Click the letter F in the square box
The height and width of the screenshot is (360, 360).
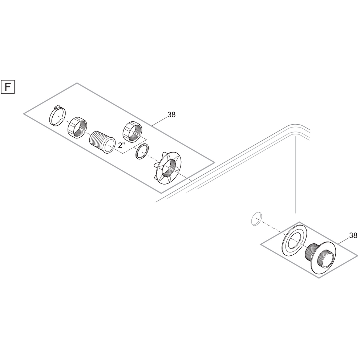click(8, 87)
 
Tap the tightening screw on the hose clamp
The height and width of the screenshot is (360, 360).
click(56, 107)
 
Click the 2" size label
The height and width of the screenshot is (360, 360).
click(121, 145)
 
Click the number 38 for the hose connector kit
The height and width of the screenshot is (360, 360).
click(171, 114)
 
